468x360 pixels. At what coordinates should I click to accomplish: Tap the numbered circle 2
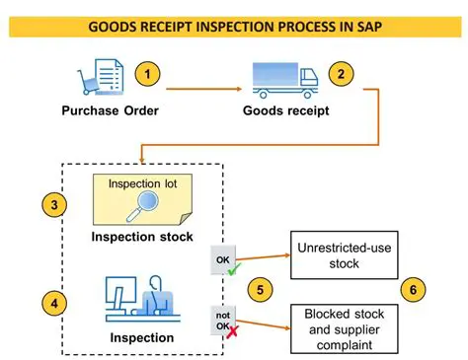(x=341, y=73)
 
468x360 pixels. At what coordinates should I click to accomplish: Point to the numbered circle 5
(x=261, y=289)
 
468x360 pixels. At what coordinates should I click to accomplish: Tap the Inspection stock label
(x=143, y=238)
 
